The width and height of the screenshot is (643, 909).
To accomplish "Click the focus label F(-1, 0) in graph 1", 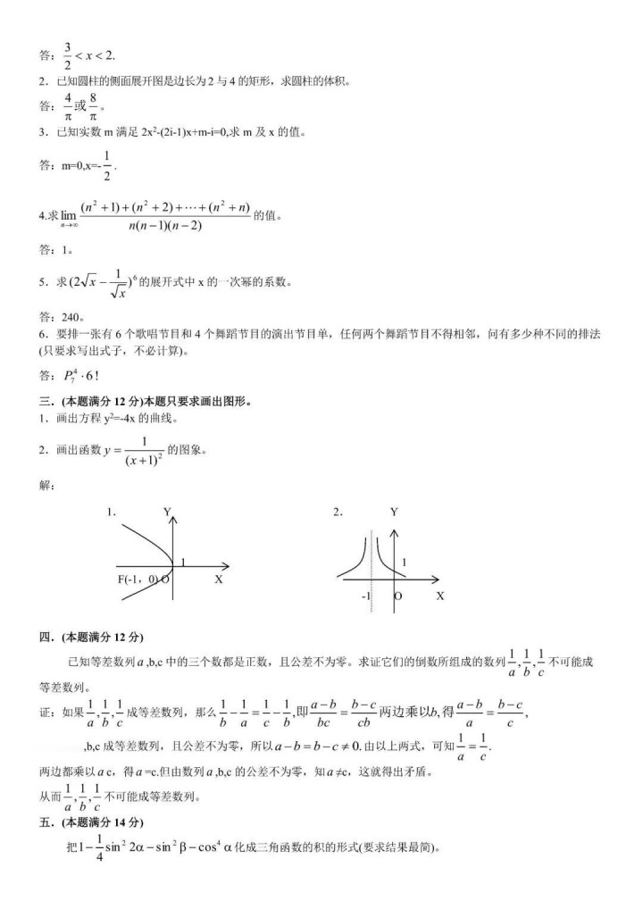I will pyautogui.click(x=138, y=580).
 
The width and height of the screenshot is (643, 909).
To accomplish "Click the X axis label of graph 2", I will pyautogui.click(x=439, y=596).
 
